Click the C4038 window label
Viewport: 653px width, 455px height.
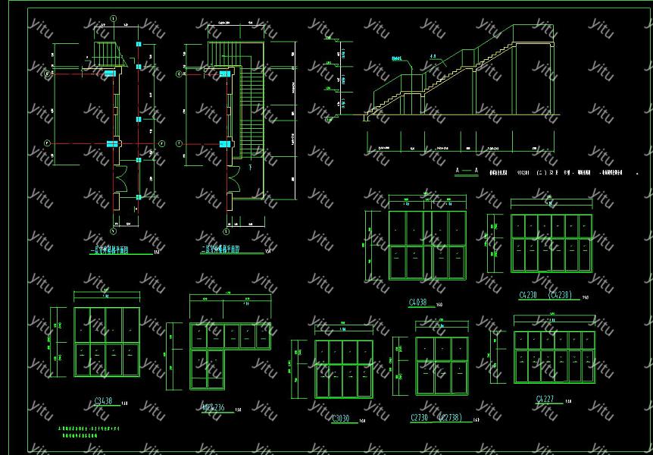[x=418, y=303]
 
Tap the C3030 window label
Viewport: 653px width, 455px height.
[x=340, y=418]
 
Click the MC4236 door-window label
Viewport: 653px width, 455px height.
[x=214, y=408]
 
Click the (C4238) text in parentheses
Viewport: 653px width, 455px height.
[x=560, y=295]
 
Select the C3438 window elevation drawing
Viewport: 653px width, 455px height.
[x=106, y=342]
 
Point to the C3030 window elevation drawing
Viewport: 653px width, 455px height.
[x=343, y=369]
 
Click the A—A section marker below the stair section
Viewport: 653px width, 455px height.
[x=467, y=173]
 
